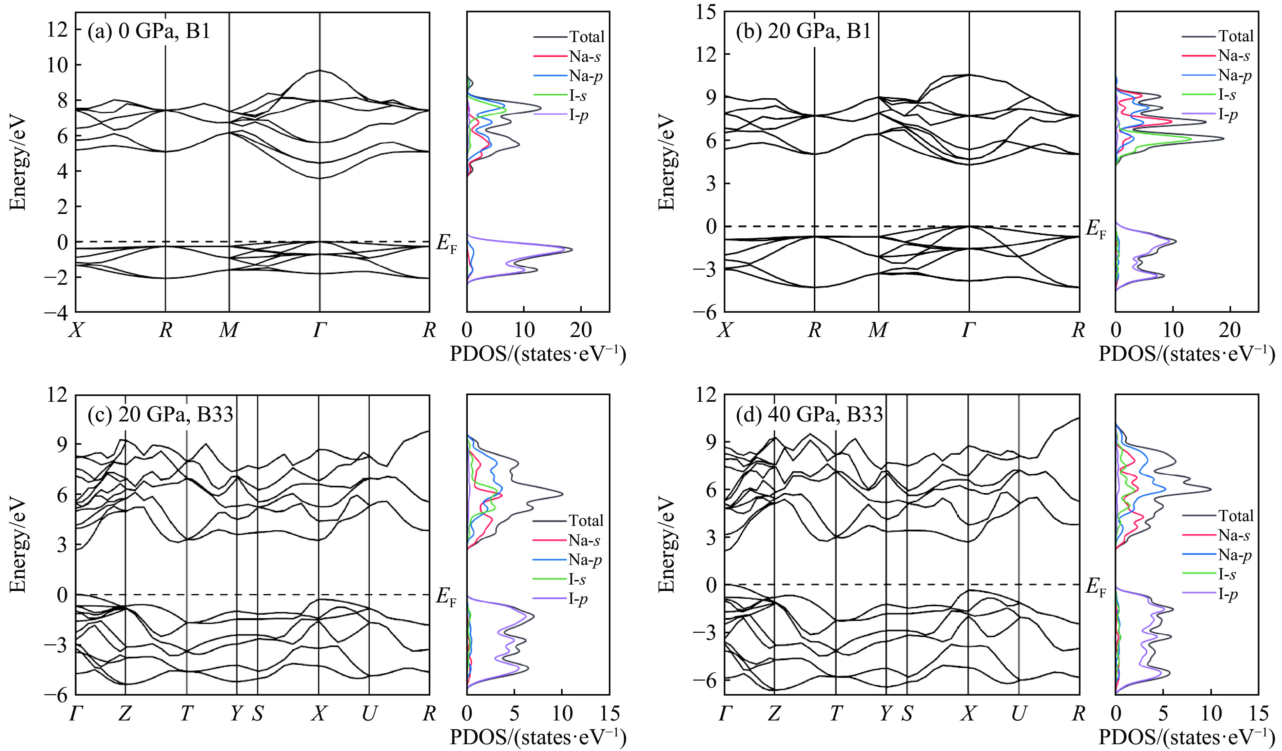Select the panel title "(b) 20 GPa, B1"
tap(804, 32)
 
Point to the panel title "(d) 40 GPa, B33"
tap(810, 414)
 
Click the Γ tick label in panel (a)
tap(319, 331)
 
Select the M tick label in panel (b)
tap(878, 331)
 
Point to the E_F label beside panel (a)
tap(447, 243)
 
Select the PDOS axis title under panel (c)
tap(538, 737)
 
